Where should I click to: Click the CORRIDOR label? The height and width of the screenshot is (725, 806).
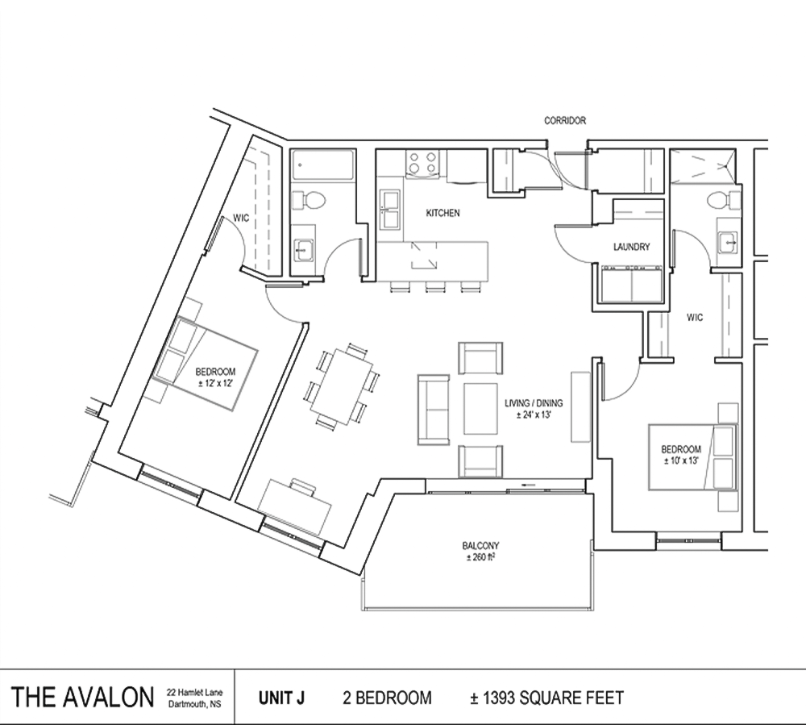pos(565,120)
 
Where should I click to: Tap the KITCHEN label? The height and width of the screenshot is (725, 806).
pos(442,213)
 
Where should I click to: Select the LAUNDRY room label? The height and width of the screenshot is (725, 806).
pos(632,247)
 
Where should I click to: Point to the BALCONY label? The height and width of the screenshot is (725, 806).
pos(480,546)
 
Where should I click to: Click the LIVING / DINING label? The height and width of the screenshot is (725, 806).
pos(534,403)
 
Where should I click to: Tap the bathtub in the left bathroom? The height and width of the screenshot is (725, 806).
pos(322,165)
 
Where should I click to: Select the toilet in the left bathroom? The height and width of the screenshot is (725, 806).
pos(308,200)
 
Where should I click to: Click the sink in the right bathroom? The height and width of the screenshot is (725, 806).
pos(729,242)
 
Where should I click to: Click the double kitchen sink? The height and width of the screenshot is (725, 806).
pos(390,209)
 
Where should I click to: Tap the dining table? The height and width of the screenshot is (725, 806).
pos(342,386)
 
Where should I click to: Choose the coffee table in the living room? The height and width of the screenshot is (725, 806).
pos(480,409)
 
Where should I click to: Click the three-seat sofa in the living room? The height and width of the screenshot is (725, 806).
pos(434,410)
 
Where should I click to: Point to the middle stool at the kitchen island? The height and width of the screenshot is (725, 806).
pos(434,287)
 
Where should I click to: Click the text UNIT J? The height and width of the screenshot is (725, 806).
pos(281,698)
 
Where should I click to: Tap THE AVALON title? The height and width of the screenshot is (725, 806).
pos(82,698)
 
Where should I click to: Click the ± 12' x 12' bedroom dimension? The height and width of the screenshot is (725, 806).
pos(215,382)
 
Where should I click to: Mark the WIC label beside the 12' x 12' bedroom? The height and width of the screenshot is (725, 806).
pos(241,218)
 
